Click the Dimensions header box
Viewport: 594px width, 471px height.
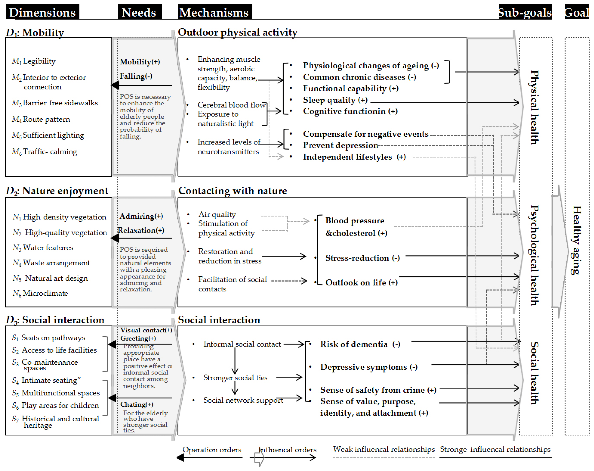pos(42,12)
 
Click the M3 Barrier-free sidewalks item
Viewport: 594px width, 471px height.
pos(55,103)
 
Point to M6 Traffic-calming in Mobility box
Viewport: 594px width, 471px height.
pos(45,151)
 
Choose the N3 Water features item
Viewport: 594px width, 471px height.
pos(43,248)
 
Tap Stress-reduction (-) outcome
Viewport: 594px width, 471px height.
pos(362,258)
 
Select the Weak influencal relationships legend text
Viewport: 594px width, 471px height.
pos(384,449)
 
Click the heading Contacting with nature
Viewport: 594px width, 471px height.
pos(233,191)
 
